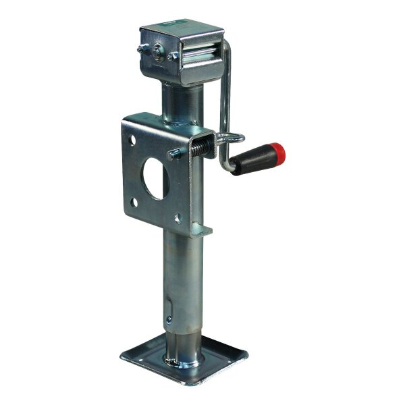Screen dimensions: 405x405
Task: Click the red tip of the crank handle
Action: click(x=279, y=154)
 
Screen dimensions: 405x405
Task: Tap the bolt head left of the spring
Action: click(x=173, y=155)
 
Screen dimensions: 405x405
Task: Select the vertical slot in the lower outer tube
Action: click(x=167, y=304)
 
